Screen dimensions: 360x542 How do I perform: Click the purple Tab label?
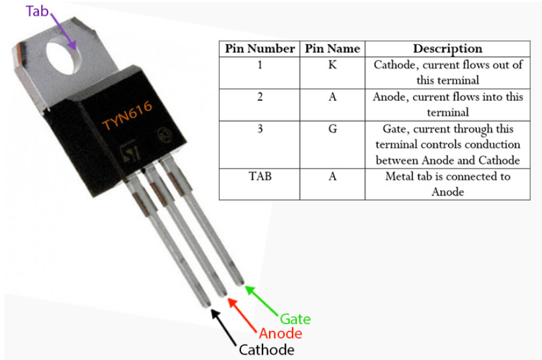click(36, 10)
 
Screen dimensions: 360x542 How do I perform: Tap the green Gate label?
click(295, 319)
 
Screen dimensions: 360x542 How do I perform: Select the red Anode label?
click(281, 334)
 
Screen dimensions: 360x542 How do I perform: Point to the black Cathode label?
click(266, 350)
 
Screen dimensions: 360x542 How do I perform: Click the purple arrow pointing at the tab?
click(62, 30)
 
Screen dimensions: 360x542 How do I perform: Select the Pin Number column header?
click(259, 49)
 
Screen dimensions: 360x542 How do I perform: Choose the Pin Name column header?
click(332, 49)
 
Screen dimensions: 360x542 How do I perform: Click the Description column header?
click(448, 49)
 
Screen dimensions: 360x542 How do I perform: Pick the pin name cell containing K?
click(332, 65)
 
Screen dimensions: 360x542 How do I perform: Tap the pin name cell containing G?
click(332, 129)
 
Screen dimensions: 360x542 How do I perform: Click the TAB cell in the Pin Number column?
click(259, 176)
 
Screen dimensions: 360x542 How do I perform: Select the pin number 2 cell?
click(259, 97)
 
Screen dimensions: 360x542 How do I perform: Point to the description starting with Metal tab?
click(448, 184)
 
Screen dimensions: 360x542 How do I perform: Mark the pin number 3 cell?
click(259, 129)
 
